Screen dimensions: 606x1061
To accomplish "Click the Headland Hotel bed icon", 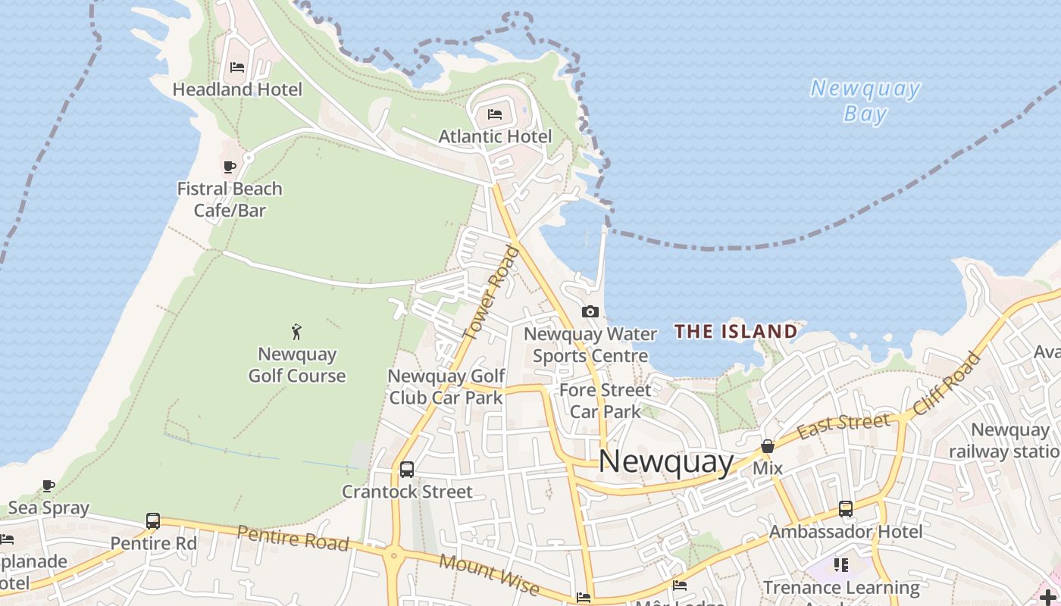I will point(237,67).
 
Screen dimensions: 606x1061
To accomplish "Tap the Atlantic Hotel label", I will point(495,136).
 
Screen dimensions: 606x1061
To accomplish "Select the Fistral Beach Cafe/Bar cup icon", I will point(230,167).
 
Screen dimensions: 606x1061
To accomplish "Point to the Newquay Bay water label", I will point(865,101).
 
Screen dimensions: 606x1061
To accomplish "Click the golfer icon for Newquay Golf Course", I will point(296,332).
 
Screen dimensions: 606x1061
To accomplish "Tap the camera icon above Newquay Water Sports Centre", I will point(590,311).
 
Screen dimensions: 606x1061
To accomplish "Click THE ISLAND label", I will point(736,331).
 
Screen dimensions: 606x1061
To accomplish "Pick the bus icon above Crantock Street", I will point(407,470).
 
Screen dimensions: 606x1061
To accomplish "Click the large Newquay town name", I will point(666,461).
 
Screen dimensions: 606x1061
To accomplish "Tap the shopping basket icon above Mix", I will point(768,446).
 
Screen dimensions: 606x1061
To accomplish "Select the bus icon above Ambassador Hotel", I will point(846,509).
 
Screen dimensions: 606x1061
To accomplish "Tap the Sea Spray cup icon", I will point(49,486).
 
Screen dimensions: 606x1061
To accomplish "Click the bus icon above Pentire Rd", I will point(153,521).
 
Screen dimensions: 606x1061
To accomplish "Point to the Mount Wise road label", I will point(489,574).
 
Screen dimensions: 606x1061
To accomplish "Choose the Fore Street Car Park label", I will point(605,401).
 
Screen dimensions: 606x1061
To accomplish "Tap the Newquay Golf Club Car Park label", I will point(446,386).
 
